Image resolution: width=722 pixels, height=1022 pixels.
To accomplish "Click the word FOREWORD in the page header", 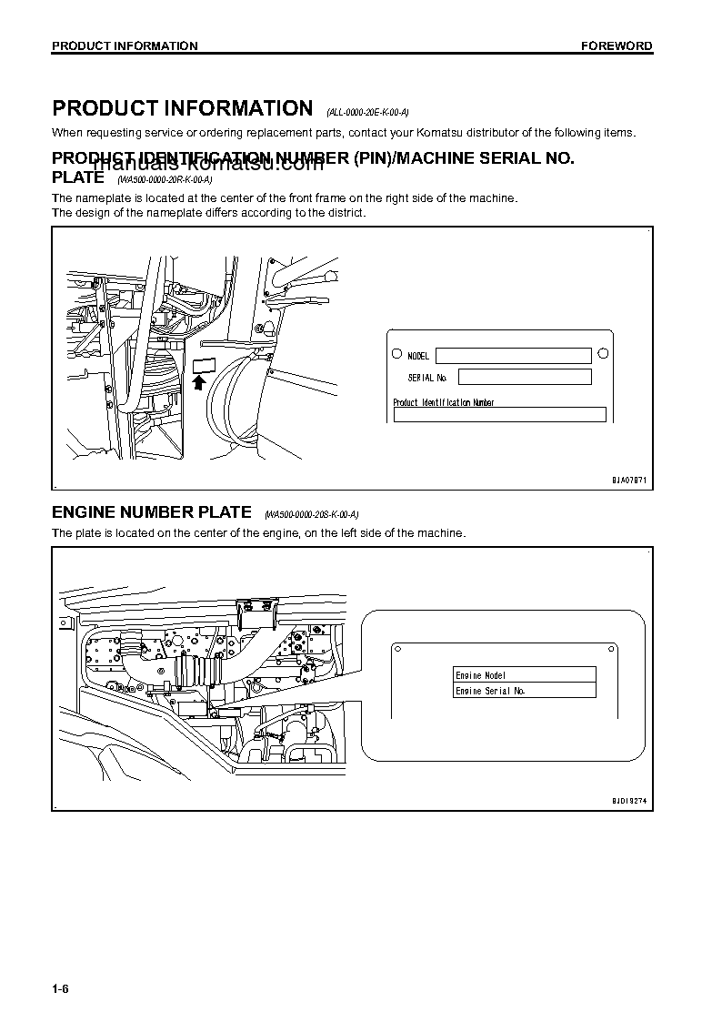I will coord(617,46).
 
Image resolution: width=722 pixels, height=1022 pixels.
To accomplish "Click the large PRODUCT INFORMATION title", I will coord(182,108).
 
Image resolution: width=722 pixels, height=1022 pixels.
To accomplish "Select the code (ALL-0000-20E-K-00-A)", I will coord(367,112).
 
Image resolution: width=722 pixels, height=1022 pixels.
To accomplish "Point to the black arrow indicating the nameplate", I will coord(200,382).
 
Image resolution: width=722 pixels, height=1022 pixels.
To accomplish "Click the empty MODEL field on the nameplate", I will coord(513,356).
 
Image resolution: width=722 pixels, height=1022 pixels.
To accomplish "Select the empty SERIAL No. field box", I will coord(525,377).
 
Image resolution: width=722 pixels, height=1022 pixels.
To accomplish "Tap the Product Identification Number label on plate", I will coord(443,402).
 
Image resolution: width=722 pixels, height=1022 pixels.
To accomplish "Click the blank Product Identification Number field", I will coord(499,415).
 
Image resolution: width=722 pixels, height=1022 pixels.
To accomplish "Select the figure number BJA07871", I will coord(628,480).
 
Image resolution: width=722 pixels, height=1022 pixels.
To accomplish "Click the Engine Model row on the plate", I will coord(525,675).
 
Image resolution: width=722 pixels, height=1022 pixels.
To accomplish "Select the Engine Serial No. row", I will coord(525,691).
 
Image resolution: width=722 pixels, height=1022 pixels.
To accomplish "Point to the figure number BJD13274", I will coord(628,800).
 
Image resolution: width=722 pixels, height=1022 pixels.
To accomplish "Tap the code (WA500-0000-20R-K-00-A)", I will coord(165,180).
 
